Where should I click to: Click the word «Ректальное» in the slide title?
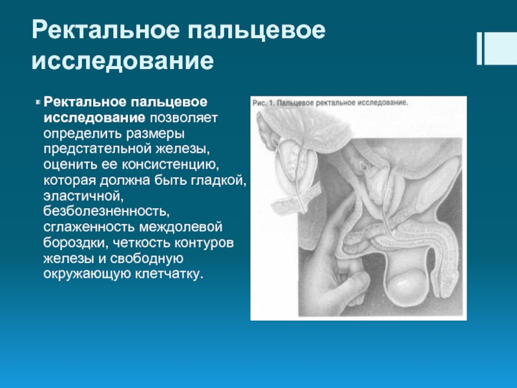[105, 30]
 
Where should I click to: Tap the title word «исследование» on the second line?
[123, 61]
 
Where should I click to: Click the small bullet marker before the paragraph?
[37, 102]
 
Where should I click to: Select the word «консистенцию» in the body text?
[170, 165]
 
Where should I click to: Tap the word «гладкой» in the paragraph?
[218, 180]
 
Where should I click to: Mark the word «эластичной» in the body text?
[83, 196]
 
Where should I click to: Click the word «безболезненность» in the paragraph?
[107, 211]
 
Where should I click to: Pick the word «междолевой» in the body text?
[181, 228]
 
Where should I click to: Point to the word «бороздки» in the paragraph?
[76, 243]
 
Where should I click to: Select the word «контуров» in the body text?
[204, 244]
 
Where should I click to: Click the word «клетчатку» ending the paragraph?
[169, 274]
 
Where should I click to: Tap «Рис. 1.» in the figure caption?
[264, 103]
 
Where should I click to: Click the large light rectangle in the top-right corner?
[500, 48]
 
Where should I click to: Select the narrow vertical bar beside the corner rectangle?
[480, 48]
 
